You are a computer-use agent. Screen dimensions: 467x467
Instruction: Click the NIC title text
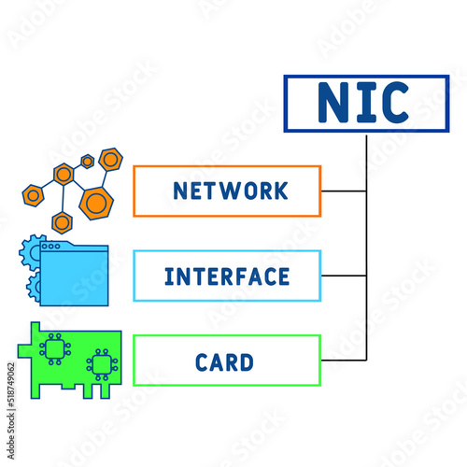[364, 103]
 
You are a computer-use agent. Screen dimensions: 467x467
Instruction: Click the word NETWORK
[231, 191]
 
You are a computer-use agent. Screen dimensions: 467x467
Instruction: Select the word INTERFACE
[227, 276]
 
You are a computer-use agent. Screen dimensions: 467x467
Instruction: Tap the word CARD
[224, 361]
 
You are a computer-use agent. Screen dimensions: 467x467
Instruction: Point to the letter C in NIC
[393, 103]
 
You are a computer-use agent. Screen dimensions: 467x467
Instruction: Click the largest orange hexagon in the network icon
[94, 201]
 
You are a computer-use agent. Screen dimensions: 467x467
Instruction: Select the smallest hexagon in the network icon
[87, 161]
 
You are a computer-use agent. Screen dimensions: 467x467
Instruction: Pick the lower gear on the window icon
[35, 284]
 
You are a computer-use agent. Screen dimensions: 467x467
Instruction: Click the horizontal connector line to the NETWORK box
[344, 191]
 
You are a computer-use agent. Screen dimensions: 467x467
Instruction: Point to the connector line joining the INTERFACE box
[344, 276]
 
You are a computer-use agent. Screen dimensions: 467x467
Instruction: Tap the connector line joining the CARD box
[344, 361]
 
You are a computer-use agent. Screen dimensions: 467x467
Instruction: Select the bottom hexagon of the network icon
[63, 221]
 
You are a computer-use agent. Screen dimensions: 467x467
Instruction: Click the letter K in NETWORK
[279, 191]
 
